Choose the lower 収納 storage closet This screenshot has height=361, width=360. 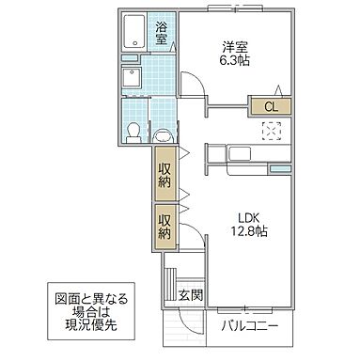point(164,225)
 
